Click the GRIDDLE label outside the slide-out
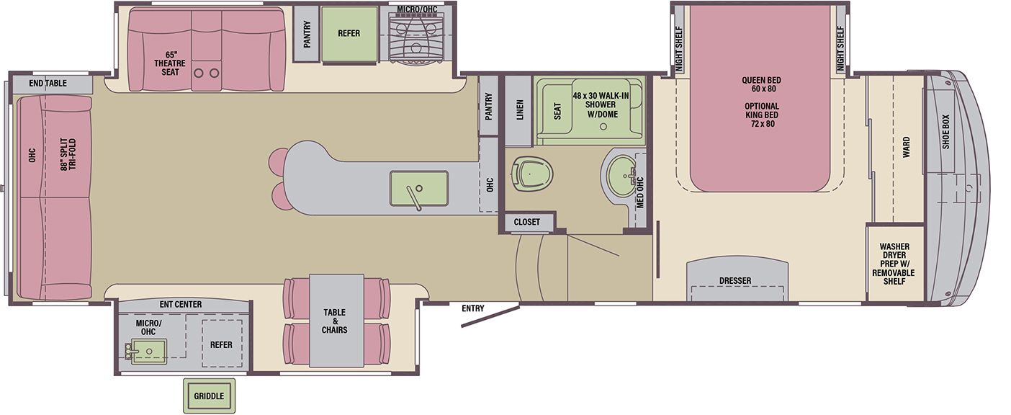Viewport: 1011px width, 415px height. pyautogui.click(x=209, y=396)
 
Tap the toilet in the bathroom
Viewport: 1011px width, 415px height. pyautogui.click(x=533, y=174)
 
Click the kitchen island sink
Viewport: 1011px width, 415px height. pyautogui.click(x=419, y=189)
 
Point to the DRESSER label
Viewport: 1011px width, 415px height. pyautogui.click(x=735, y=281)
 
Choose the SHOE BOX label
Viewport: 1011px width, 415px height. pyautogui.click(x=945, y=132)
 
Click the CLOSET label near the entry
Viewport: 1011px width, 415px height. pyautogui.click(x=526, y=222)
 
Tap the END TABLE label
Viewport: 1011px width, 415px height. pyautogui.click(x=48, y=83)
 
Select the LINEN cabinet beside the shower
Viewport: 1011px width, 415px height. pyautogui.click(x=518, y=110)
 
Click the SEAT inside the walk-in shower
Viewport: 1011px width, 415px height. pyautogui.click(x=557, y=110)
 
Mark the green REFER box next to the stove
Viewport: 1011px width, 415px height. pyautogui.click(x=349, y=34)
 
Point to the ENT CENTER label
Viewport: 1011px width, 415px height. pyautogui.click(x=181, y=304)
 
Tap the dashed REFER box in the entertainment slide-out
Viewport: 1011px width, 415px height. pyautogui.click(x=221, y=344)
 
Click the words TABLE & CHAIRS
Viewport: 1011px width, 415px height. pyautogui.click(x=334, y=321)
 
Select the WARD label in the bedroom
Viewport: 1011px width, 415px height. pyautogui.click(x=907, y=147)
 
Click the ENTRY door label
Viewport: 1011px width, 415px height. pyautogui.click(x=473, y=308)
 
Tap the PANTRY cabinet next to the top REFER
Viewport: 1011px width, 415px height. pyautogui.click(x=307, y=34)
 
